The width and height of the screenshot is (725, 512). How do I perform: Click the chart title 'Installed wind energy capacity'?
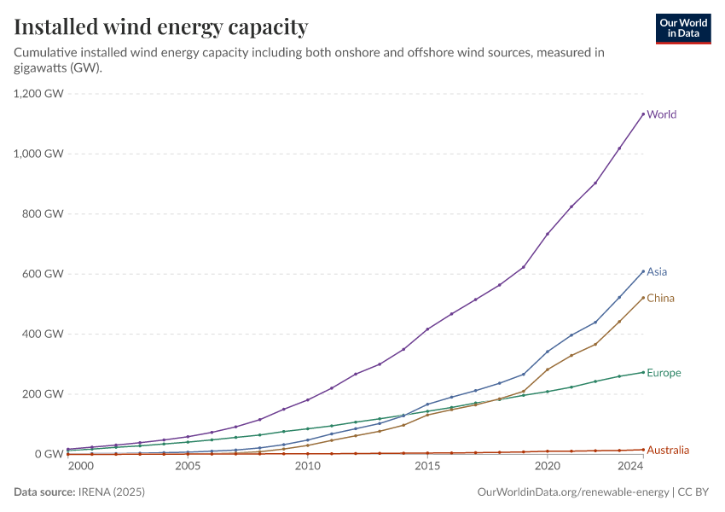point(161,27)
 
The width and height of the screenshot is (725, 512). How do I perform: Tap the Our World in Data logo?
point(682,29)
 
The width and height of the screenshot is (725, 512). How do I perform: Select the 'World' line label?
point(662,114)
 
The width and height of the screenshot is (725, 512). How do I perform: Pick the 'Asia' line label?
point(657,272)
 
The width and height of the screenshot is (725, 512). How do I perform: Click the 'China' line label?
point(660,299)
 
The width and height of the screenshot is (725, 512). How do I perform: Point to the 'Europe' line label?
point(664,373)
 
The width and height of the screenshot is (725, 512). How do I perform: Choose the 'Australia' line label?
point(668,450)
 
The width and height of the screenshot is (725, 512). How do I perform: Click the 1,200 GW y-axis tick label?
point(39,94)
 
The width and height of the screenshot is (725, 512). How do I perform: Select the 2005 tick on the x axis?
point(188,467)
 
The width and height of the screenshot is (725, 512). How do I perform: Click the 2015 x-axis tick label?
point(427,467)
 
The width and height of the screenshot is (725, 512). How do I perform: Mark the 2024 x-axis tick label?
point(630,467)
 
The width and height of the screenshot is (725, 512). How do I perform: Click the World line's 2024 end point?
point(643,114)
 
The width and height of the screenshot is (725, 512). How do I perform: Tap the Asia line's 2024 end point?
point(643,271)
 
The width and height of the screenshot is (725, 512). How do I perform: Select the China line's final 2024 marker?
point(643,298)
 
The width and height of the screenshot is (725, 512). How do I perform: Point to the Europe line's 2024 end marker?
point(643,372)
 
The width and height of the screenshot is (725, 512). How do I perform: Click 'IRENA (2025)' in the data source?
point(112,492)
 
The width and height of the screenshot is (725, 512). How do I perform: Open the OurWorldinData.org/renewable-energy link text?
point(574,492)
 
